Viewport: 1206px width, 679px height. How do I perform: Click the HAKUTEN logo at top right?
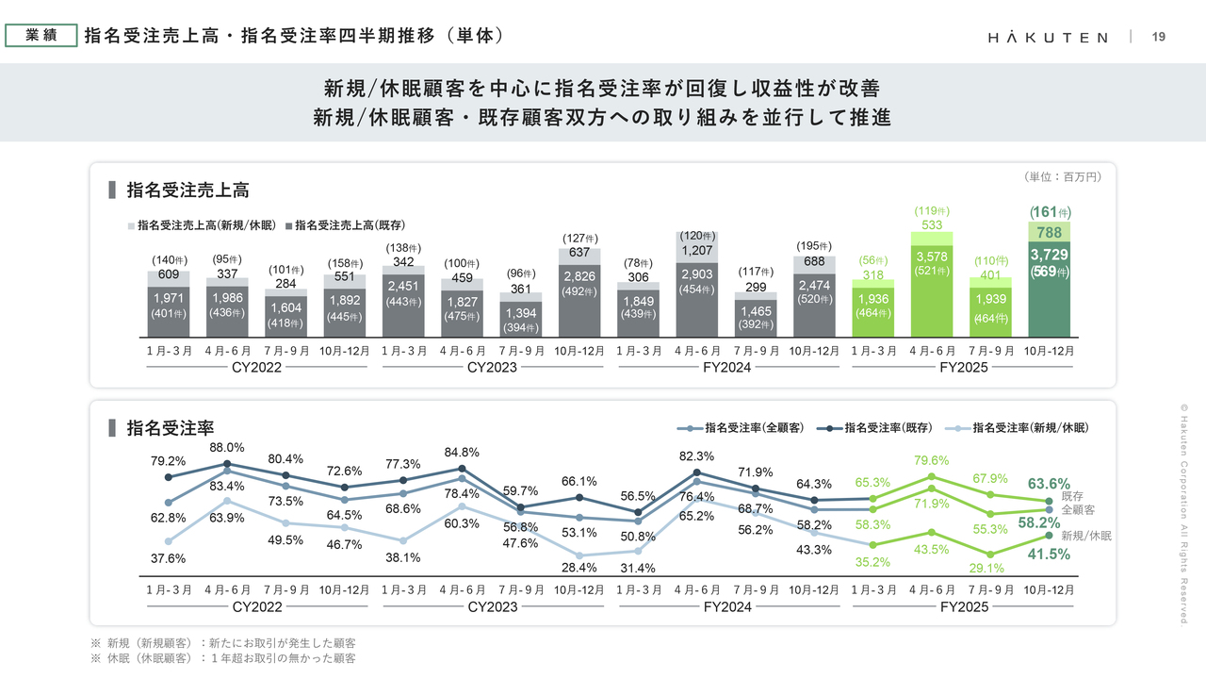click(x=1048, y=37)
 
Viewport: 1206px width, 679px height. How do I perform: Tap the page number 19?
click(x=1159, y=37)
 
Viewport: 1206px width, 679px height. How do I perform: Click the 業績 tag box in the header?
click(x=41, y=36)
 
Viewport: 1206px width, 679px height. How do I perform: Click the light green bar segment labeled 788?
click(x=1049, y=232)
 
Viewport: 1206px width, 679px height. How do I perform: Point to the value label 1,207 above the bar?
click(x=696, y=251)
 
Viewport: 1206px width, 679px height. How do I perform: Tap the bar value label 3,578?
click(x=932, y=257)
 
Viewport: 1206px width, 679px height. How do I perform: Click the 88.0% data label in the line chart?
click(x=227, y=448)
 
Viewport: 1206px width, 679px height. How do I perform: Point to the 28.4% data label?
click(x=580, y=568)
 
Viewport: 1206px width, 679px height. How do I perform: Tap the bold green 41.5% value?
click(x=1049, y=555)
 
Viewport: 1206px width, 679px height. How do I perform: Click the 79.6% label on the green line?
click(x=932, y=460)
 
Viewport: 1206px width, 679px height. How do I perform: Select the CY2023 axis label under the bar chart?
click(x=492, y=367)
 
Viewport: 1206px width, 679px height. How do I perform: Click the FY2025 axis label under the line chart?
click(x=964, y=607)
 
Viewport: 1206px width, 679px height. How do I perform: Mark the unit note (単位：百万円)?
click(x=1062, y=176)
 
